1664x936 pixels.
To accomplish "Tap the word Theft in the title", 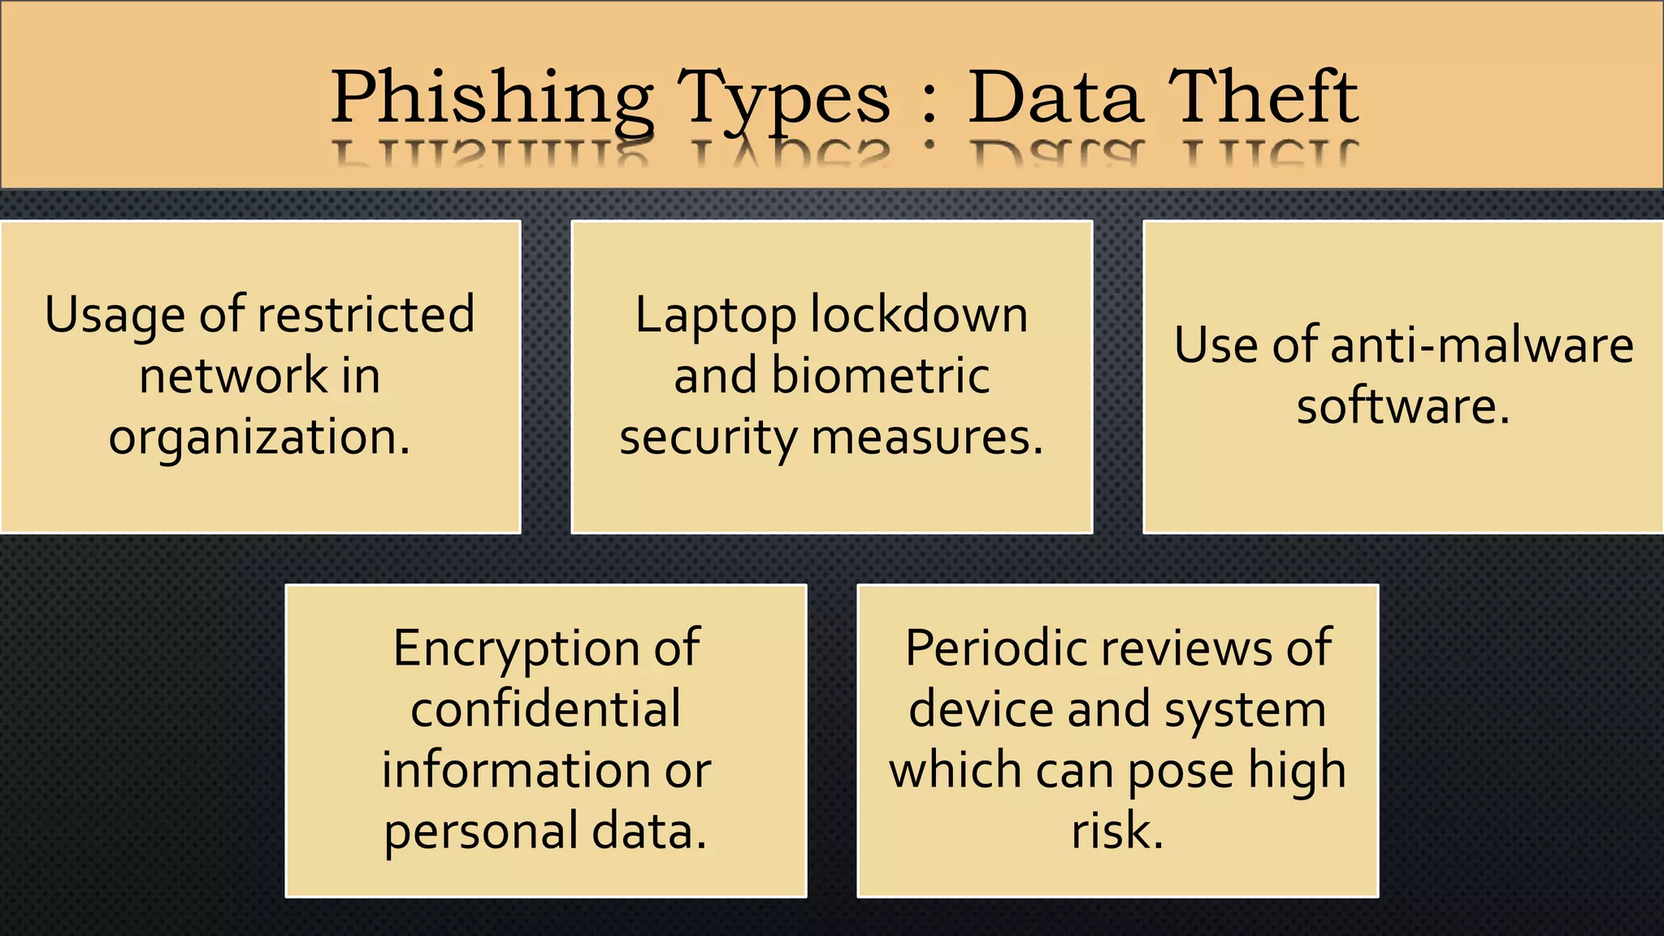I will pos(1263,97).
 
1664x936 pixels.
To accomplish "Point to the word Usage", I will pos(115,315).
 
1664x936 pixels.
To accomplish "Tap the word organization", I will pos(258,438).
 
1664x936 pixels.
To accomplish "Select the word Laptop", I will pos(716,316).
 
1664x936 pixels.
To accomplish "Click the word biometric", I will pos(880,375).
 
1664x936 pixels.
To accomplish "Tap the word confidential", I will pos(546,709).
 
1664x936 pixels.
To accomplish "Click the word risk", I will pos(1117,831).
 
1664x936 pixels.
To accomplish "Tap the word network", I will pos(232,375).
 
